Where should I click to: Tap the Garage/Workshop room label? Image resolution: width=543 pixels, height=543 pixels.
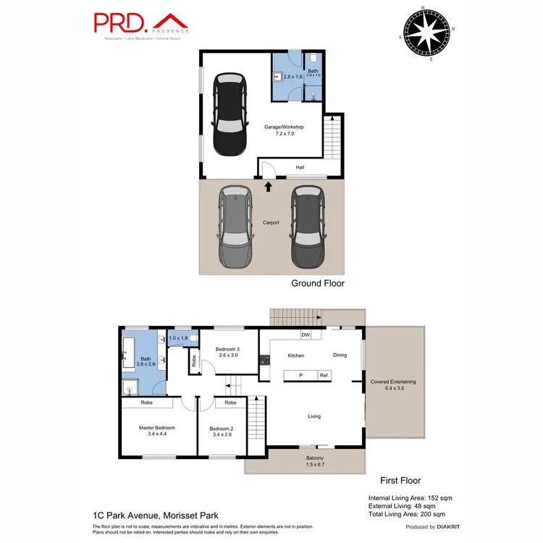pos(284,130)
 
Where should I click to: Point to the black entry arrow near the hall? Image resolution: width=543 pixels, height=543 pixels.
pos(269,186)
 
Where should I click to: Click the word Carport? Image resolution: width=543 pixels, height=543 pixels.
pos(271,222)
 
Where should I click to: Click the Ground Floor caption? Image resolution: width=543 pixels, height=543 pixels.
pos(317,284)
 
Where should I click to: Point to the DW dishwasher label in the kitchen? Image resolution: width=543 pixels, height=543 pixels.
pos(307,335)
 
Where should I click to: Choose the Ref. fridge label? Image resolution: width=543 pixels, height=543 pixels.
pos(324,375)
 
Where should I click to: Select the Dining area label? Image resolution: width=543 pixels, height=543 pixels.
pos(340,355)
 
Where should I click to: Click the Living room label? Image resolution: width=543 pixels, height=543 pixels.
pos(314,416)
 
